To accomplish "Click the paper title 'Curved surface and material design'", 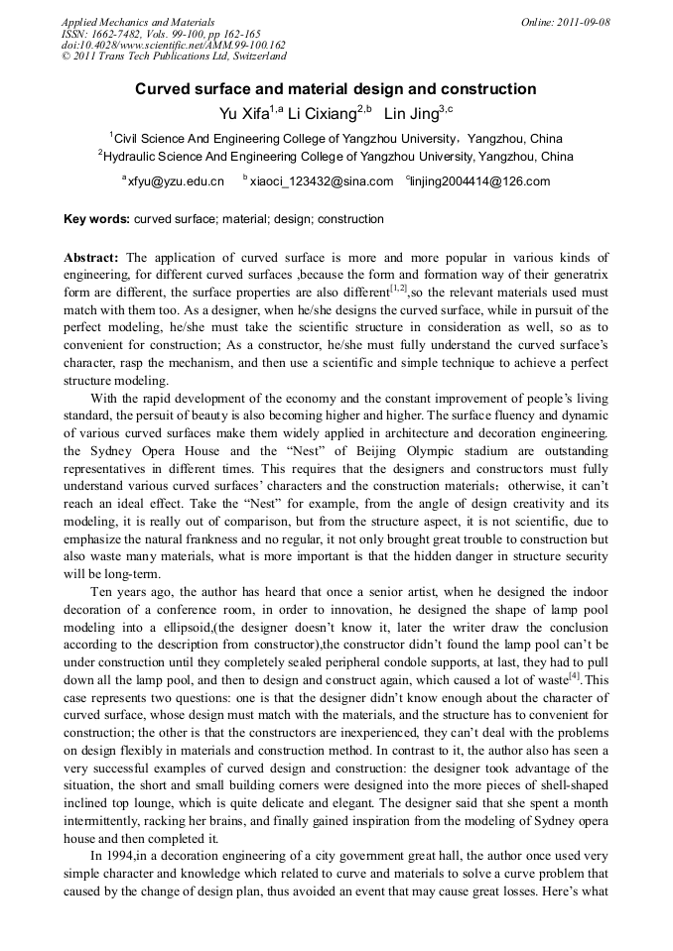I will (336, 89).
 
